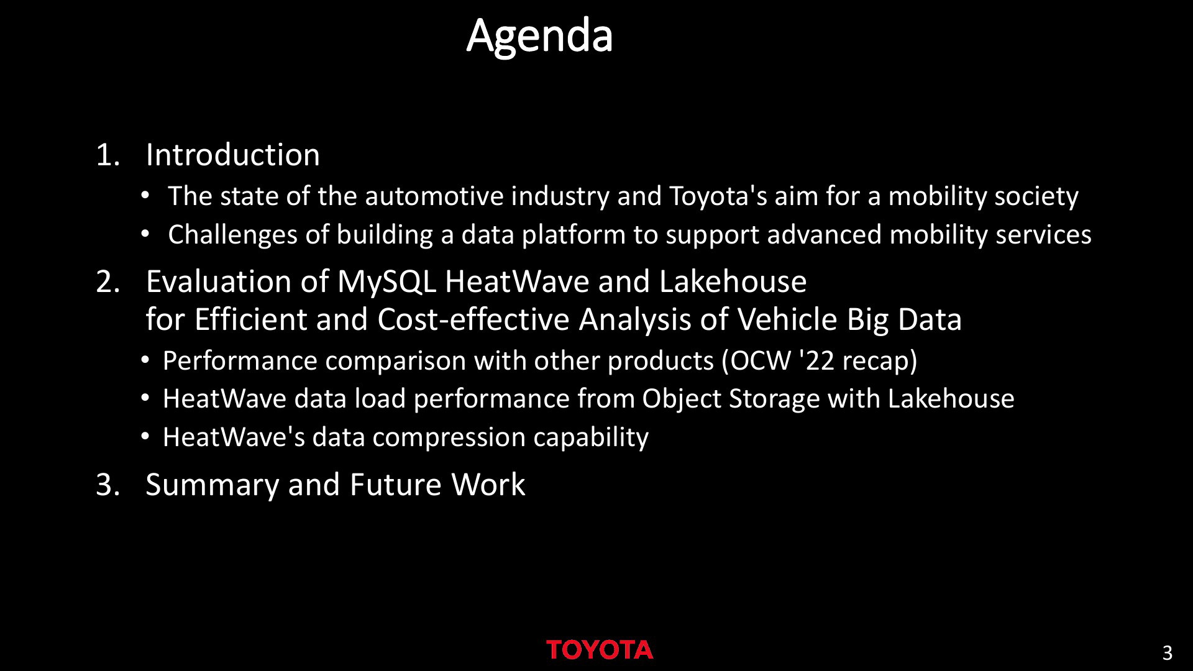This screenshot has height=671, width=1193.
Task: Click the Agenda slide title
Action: [539, 37]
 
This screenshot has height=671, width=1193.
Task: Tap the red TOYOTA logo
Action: [600, 650]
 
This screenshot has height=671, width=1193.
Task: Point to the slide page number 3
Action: [1167, 653]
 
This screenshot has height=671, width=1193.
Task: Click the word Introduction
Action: [232, 155]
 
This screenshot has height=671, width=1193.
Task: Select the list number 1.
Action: [107, 155]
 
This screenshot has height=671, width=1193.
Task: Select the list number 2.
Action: [107, 281]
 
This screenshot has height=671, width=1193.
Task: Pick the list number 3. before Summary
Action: [107, 485]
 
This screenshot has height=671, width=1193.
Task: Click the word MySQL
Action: [386, 282]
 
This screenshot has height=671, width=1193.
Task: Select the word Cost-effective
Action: [473, 320]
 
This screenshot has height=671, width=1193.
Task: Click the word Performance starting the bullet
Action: [240, 361]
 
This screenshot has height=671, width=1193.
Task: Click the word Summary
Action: [212, 485]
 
